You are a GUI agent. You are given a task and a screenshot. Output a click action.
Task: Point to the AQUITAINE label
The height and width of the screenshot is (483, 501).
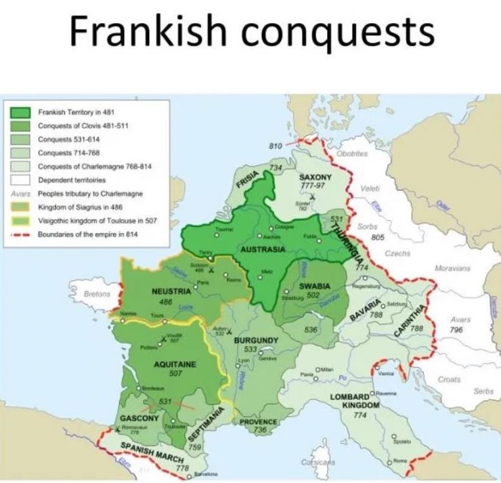click(x=175, y=364)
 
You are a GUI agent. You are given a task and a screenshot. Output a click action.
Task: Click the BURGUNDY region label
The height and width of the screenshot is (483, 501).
click(x=257, y=339)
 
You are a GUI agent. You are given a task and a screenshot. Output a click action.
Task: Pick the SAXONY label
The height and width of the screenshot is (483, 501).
click(x=315, y=177)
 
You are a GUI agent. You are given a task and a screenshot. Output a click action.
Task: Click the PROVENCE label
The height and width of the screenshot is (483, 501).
click(x=259, y=421)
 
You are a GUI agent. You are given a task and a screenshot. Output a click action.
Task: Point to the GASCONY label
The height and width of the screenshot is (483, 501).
click(x=139, y=419)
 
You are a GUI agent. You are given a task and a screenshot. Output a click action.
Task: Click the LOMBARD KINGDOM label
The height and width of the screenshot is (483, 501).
click(x=351, y=400)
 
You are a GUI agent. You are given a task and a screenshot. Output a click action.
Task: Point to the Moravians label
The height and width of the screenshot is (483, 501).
click(x=452, y=268)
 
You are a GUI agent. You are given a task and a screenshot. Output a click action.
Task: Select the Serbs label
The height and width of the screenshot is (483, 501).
click(x=483, y=391)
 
